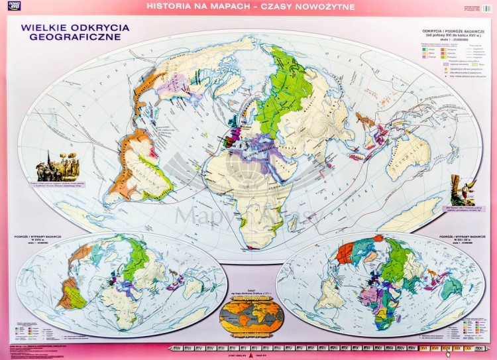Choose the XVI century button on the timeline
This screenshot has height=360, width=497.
click(423, 348)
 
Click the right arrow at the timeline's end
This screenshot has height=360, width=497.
click(487, 348)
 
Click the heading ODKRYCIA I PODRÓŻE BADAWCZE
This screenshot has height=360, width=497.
click(454, 31)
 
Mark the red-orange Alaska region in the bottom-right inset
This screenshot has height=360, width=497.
click(346, 253)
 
